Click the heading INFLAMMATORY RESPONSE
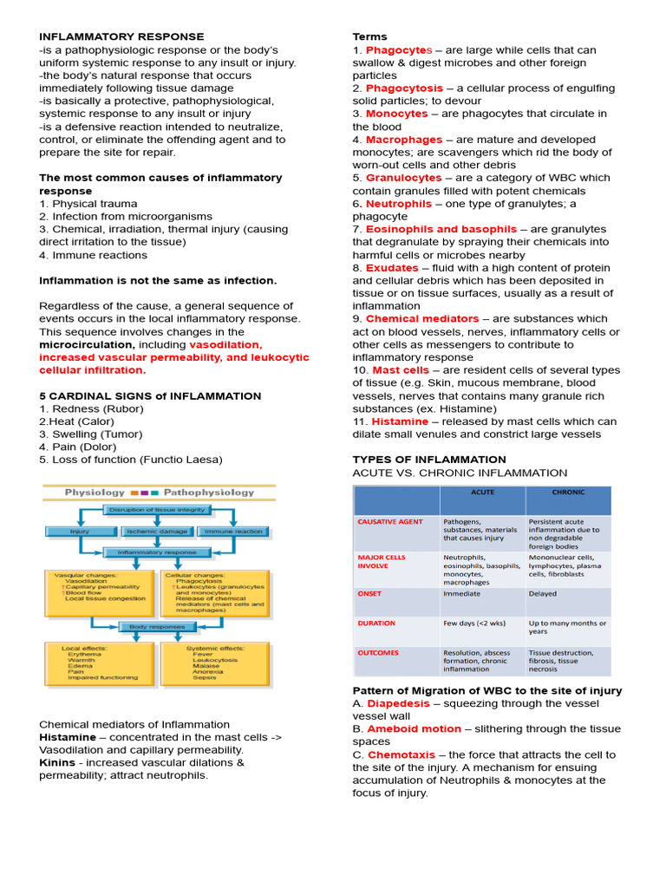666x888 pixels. [x=121, y=36]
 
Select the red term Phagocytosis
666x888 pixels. [x=404, y=88]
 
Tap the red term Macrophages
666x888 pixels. [x=404, y=140]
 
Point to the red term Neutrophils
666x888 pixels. [x=399, y=204]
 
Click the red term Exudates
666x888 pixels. [x=392, y=268]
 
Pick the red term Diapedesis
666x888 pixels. [x=398, y=703]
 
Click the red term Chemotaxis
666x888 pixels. [x=402, y=754]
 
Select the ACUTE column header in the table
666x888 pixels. [x=482, y=493]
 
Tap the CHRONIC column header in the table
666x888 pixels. [x=568, y=493]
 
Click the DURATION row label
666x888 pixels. [x=376, y=623]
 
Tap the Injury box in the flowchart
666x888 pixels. [x=81, y=531]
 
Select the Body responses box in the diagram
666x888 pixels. [x=157, y=626]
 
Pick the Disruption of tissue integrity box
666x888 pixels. [x=157, y=510]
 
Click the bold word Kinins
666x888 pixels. [x=57, y=762]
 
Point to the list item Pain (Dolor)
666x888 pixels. [x=79, y=447]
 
